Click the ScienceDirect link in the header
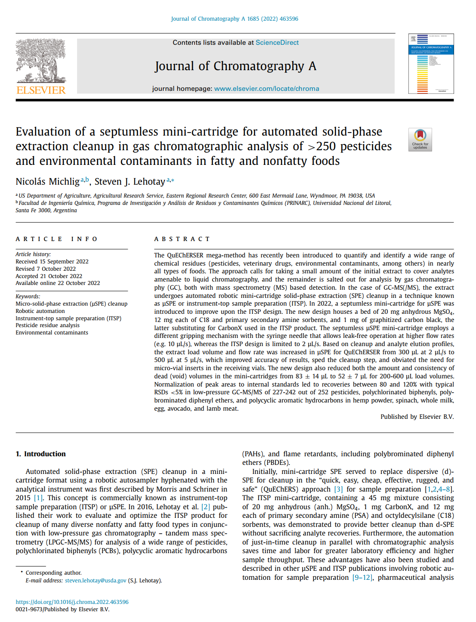(277, 43)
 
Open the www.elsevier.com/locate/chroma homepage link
(266, 89)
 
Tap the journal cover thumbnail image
(431, 64)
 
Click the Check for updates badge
(420, 139)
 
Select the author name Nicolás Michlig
(48, 182)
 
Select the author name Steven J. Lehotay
(130, 182)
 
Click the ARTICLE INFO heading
(57, 239)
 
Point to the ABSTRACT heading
(182, 239)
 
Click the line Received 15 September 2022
(52, 262)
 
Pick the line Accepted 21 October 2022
(49, 276)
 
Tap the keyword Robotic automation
(40, 311)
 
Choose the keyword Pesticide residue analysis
(47, 325)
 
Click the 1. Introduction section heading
(40, 454)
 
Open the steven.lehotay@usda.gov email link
(96, 581)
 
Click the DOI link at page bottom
(72, 602)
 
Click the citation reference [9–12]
(362, 578)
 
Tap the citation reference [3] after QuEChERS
(339, 489)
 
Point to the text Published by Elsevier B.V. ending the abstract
(417, 417)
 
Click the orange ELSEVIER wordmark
(41, 90)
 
